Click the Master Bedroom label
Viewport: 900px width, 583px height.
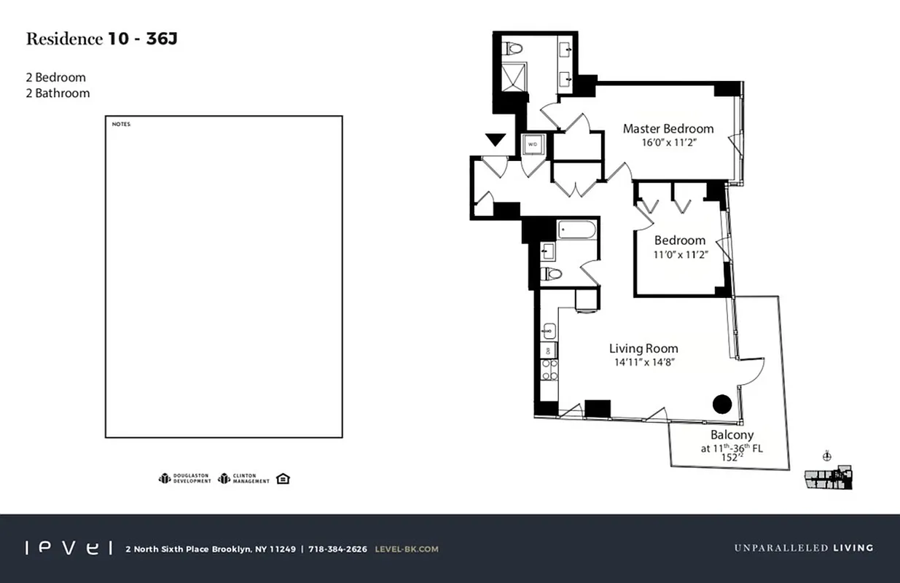(x=668, y=129)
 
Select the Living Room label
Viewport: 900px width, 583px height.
(x=643, y=348)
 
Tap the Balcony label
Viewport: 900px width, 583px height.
(x=732, y=435)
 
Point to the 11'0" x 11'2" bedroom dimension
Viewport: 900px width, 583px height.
(x=679, y=254)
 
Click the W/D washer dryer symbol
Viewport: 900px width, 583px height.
(x=533, y=144)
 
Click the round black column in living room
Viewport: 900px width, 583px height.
(x=721, y=404)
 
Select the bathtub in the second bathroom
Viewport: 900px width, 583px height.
(x=577, y=231)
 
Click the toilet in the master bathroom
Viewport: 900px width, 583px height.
(x=514, y=49)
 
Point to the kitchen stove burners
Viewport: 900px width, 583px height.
(x=549, y=370)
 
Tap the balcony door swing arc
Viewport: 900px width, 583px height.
(x=752, y=371)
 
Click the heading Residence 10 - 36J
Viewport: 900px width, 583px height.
(x=101, y=39)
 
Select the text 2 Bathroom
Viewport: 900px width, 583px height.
(x=58, y=93)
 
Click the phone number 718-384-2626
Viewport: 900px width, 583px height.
(x=337, y=549)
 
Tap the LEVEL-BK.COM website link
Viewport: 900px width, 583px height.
(x=407, y=549)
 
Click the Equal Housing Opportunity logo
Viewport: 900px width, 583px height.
(x=283, y=478)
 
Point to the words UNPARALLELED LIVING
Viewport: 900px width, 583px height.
(x=803, y=548)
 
